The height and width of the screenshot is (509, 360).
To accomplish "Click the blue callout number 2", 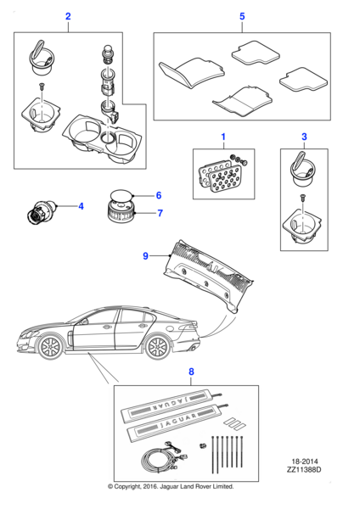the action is click(x=68, y=16).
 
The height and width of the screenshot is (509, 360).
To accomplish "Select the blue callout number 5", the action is click(x=242, y=16).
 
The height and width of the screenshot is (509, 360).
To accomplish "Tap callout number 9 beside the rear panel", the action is click(x=145, y=256).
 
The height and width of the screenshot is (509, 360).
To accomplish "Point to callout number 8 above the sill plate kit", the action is click(x=191, y=372).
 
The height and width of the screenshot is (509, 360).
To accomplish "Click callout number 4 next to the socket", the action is click(x=81, y=206).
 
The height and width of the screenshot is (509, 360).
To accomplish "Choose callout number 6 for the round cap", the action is click(x=159, y=195).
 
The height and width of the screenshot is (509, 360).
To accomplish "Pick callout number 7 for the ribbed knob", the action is click(x=160, y=213).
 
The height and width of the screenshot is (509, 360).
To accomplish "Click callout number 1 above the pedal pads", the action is click(x=223, y=137).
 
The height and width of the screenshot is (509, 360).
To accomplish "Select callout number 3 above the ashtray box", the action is click(x=304, y=137).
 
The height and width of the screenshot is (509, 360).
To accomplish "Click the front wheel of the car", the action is click(x=50, y=347).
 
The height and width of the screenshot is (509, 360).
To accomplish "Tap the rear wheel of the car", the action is click(x=157, y=348).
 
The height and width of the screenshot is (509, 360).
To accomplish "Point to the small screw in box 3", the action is click(x=303, y=197).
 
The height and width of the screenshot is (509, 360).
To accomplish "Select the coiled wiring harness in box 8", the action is click(x=162, y=457).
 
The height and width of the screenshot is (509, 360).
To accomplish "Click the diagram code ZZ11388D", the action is click(x=304, y=469).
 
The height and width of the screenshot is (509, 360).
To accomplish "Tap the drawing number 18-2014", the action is click(x=305, y=461).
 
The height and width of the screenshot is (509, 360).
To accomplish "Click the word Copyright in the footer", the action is click(x=127, y=487).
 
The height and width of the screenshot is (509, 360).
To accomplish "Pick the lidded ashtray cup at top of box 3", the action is click(x=302, y=170).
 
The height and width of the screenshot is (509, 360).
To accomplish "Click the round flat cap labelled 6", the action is click(x=122, y=195).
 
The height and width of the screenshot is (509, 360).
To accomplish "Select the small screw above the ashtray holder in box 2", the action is click(x=42, y=86).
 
